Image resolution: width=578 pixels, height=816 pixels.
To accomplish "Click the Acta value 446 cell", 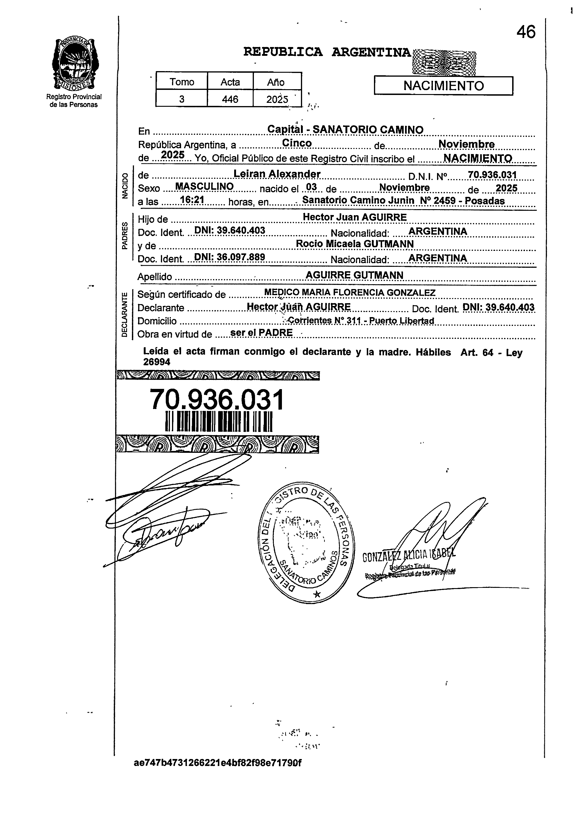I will click(x=230, y=99).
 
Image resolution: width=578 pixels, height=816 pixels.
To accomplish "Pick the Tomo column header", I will click(x=182, y=82).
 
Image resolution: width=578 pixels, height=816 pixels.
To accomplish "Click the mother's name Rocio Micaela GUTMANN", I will click(x=354, y=244).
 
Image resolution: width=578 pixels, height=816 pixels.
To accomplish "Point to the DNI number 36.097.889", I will click(x=230, y=257).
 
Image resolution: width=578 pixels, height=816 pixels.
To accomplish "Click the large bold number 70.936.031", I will click(x=217, y=400).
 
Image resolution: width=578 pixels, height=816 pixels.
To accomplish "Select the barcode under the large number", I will click(x=219, y=421).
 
